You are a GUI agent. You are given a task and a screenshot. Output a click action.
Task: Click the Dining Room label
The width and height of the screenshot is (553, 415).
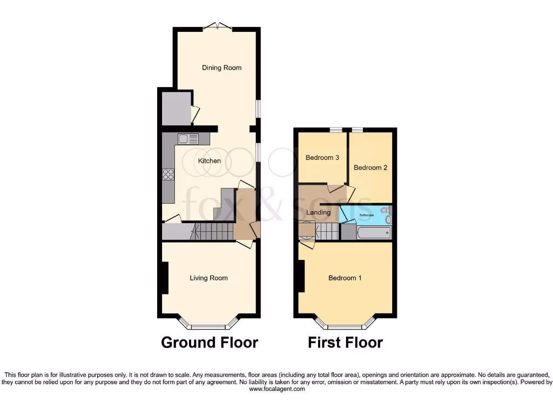click(x=221, y=68)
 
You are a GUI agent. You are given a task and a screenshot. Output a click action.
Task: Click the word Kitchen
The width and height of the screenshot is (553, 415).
click(x=209, y=161)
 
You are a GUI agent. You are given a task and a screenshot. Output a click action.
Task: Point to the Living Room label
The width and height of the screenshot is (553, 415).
click(x=208, y=278)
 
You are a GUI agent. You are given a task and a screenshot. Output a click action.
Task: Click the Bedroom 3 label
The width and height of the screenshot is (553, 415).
click(x=322, y=158)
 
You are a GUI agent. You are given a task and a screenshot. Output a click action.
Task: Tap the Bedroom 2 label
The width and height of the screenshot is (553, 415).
click(x=370, y=168)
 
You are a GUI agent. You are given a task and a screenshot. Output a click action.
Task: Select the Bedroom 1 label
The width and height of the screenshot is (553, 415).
click(x=345, y=278)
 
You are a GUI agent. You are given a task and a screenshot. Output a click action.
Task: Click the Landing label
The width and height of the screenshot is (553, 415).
click(x=318, y=212)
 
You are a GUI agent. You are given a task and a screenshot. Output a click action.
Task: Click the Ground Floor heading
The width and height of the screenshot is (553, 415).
click(x=210, y=343)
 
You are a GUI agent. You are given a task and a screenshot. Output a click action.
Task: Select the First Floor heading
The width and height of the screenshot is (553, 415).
click(x=345, y=343)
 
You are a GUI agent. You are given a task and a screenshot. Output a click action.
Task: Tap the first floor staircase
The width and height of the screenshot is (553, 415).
click(x=327, y=232)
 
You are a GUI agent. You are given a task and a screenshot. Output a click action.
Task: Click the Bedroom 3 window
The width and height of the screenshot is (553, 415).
click(x=336, y=129)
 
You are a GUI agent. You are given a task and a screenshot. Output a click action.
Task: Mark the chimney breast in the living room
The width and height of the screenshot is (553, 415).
click(x=163, y=278)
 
